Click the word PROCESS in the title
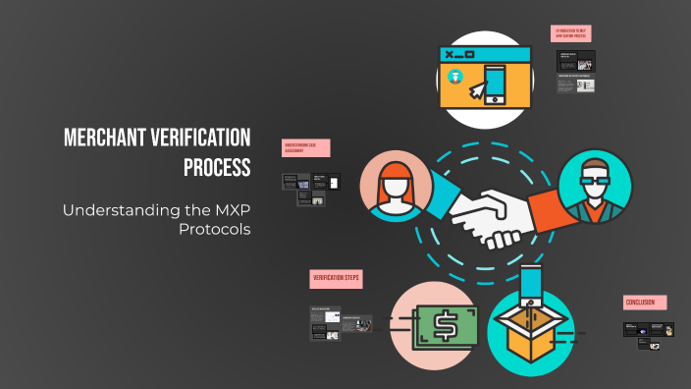tap(217, 167)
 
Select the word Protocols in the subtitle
tap(215, 229)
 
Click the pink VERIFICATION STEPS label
tap(336, 279)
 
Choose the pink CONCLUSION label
tap(645, 303)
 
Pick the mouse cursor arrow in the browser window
tap(477, 90)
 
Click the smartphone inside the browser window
tap(496, 84)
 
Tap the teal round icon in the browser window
tap(454, 77)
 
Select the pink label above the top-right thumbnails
tap(570, 33)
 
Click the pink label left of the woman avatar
tap(305, 147)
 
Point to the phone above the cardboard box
tap(530, 284)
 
